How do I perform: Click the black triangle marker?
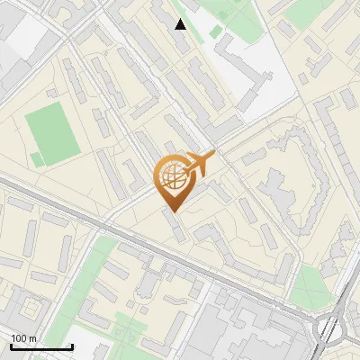pyautogui.click(x=181, y=24)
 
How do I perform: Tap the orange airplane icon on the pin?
pyautogui.click(x=200, y=164)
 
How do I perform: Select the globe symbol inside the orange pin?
pyautogui.click(x=171, y=177)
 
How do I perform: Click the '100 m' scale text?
pyautogui.click(x=23, y=337)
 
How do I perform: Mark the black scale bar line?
pyautogui.click(x=41, y=346)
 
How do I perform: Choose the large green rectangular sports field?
pyautogui.click(x=52, y=131)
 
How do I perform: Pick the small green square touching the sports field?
pyautogui.click(x=37, y=159)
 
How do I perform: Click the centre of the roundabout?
pyautogui.click(x=336, y=328)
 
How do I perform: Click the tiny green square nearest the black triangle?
pyautogui.click(x=217, y=33)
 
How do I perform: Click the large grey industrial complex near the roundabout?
pyautogui.click(x=243, y=328)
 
